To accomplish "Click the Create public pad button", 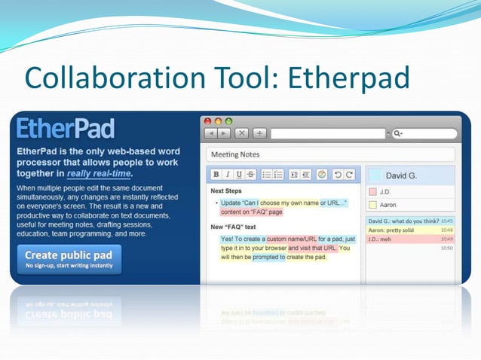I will click(x=69, y=259).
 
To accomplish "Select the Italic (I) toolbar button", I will click(x=227, y=174).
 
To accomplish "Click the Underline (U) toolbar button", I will click(x=239, y=174).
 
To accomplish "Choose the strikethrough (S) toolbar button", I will click(x=250, y=174).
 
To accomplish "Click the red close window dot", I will click(x=208, y=121).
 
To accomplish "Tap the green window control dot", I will click(x=228, y=121).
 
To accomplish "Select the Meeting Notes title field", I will click(x=330, y=154).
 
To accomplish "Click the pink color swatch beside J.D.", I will click(x=372, y=192).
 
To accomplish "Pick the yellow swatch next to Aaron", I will click(x=372, y=205).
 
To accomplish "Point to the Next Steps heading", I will click(x=227, y=191).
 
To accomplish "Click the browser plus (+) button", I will click(x=259, y=133).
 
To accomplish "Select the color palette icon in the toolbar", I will click(x=322, y=174).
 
